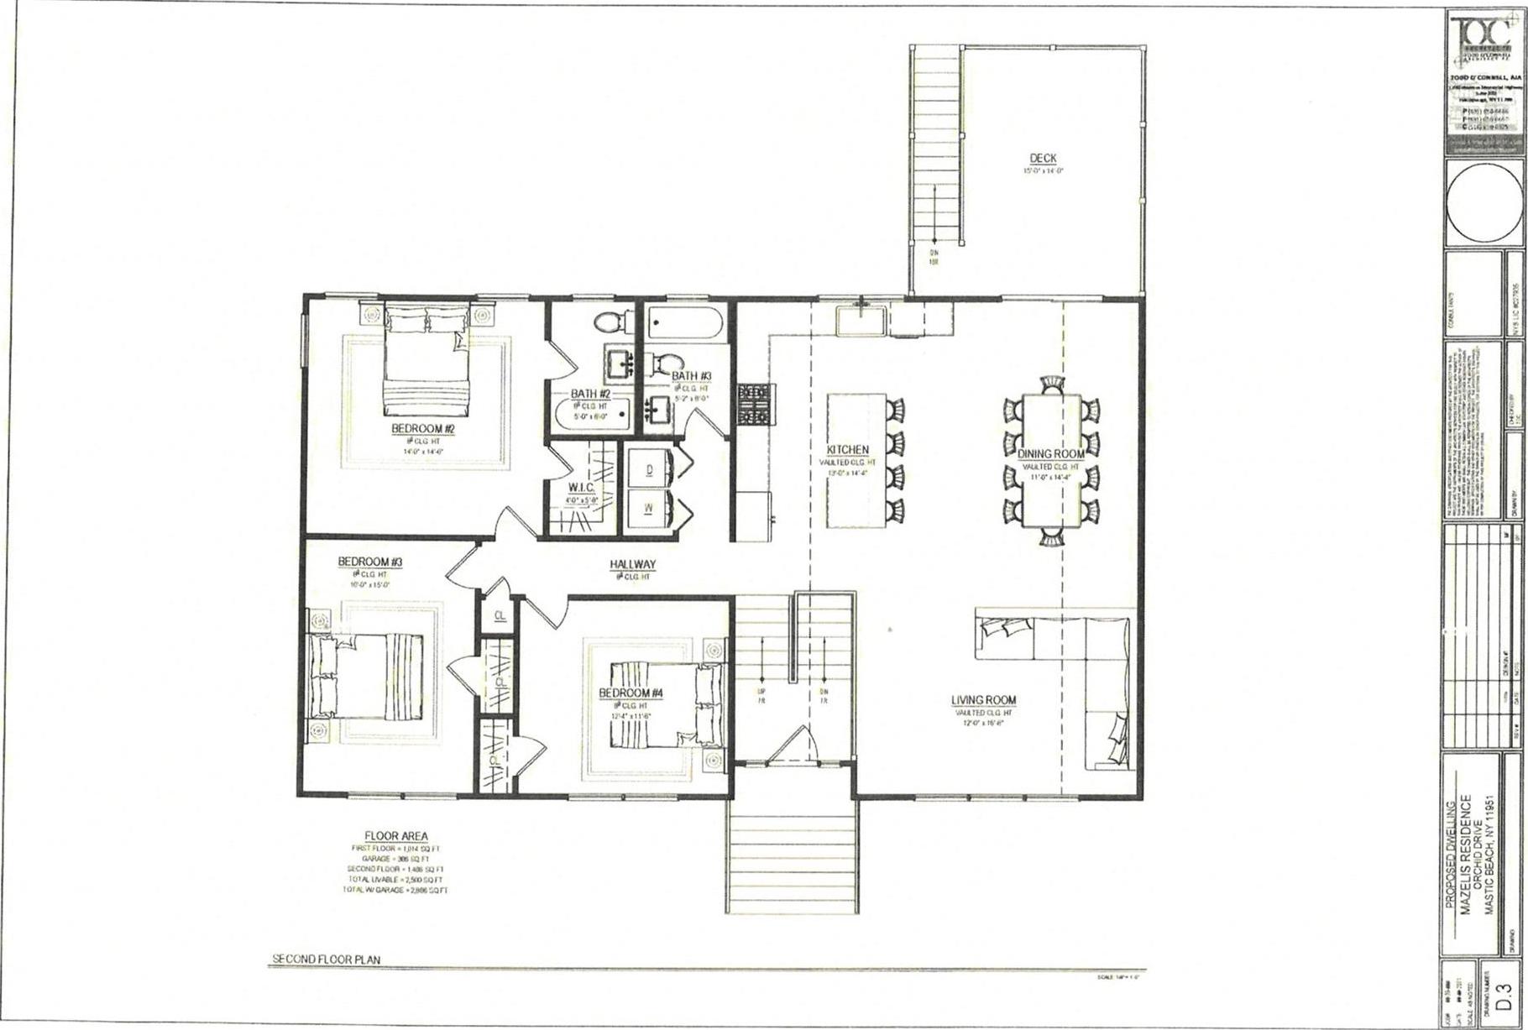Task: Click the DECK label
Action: click(1043, 158)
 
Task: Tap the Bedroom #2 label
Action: click(423, 429)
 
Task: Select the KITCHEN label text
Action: click(848, 450)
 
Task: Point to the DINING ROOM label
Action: click(1051, 454)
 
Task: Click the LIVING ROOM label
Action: click(983, 700)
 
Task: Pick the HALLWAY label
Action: click(633, 565)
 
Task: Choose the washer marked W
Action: click(650, 508)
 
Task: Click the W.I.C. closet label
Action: click(581, 488)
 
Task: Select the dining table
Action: click(1052, 460)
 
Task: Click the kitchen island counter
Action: click(857, 461)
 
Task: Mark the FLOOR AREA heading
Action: click(395, 836)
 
